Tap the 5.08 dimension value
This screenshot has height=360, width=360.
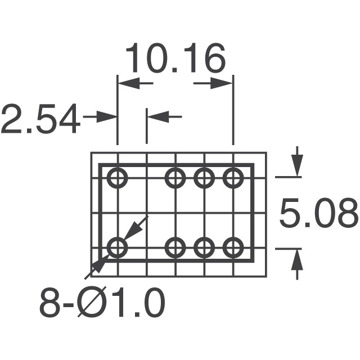318,213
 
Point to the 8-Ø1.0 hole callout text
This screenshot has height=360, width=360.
102,304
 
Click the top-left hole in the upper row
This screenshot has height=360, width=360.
118,178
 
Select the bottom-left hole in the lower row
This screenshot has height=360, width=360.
118,247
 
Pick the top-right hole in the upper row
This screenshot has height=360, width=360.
232,178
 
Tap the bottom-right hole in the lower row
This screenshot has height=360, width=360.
232,247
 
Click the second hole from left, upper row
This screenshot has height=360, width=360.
175,178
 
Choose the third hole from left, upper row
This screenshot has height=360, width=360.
204,178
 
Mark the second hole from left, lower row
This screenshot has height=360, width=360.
175,247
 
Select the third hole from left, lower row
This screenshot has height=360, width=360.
204,247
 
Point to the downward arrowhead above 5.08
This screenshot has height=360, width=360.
297,168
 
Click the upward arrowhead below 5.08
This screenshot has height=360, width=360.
297,257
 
